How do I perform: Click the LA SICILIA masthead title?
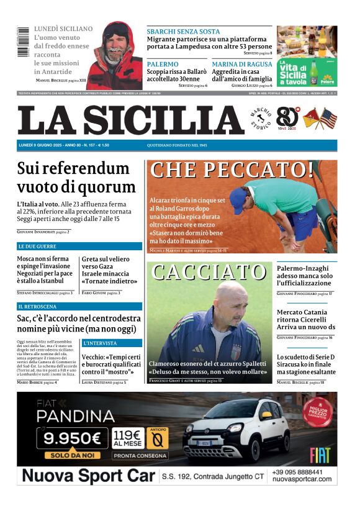pyautogui.click(x=130, y=120)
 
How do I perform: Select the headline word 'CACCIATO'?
pyautogui.click(x=209, y=272)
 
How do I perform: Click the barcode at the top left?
pyautogui.click(x=23, y=42)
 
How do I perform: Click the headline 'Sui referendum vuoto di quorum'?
pyautogui.click(x=76, y=178)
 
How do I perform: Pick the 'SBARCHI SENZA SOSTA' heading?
pyautogui.click(x=183, y=31)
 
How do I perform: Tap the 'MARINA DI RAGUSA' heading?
pyautogui.click(x=242, y=64)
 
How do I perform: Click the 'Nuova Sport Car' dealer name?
pyautogui.click(x=88, y=476)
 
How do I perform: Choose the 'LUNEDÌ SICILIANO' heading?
pyautogui.click(x=63, y=29)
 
